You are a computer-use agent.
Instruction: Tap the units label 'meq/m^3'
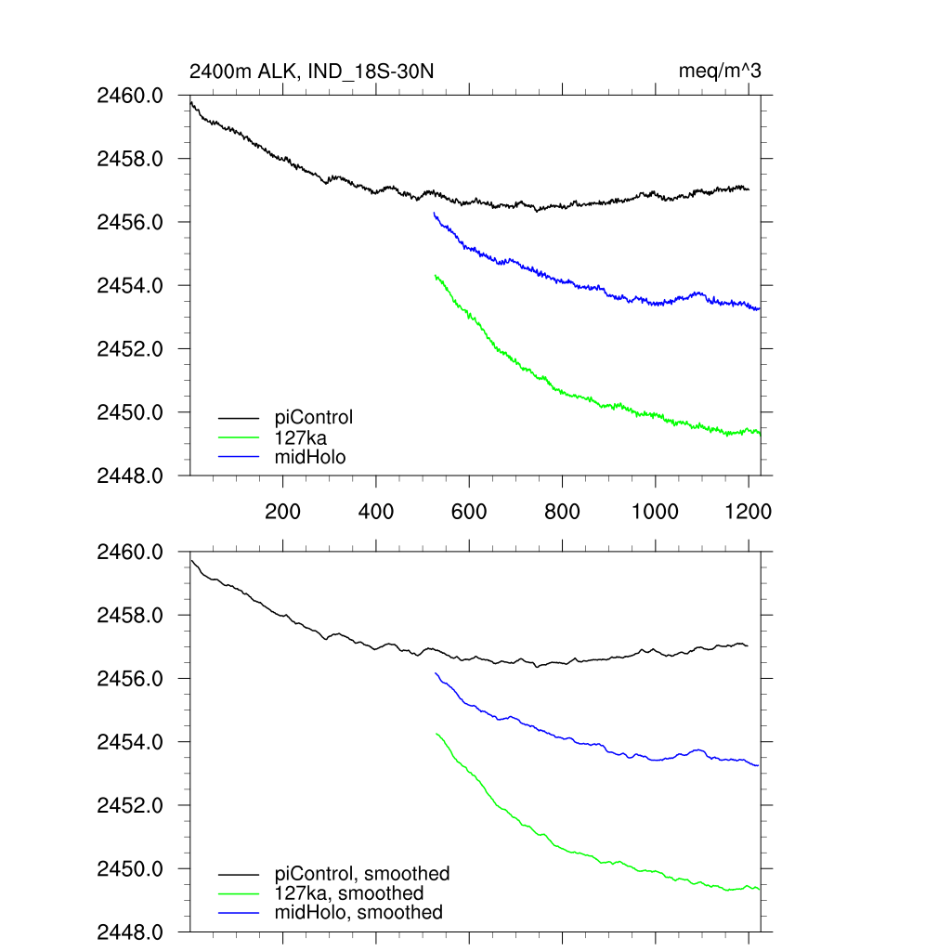pos(721,71)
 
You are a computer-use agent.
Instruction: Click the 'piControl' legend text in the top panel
pos(314,417)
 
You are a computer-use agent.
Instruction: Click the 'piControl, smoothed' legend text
pos(362,874)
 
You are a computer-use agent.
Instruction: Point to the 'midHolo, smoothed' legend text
pos(358,913)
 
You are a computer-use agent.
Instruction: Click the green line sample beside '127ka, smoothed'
pos(239,894)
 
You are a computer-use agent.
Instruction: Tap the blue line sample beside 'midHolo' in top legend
pos(239,457)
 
